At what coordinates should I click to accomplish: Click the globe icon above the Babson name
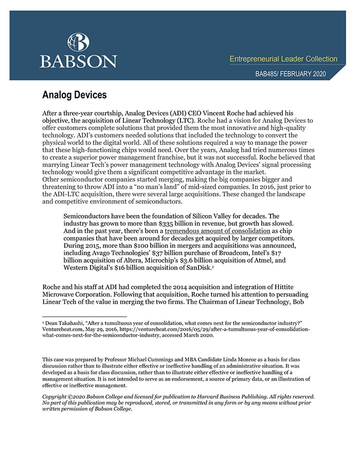[78, 42]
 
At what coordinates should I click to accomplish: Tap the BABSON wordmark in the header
[78, 61]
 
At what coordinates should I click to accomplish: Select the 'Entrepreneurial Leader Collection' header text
[283, 59]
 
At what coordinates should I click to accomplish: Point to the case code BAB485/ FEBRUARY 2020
[291, 74]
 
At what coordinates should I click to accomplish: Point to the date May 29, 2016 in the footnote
[104, 328]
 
